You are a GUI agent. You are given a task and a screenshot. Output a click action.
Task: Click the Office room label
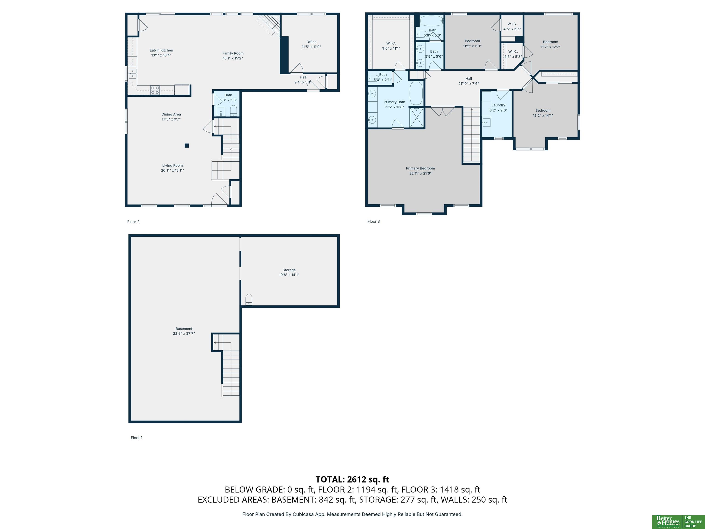coord(311,42)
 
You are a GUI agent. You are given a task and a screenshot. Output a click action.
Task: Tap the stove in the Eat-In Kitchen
coord(155,90)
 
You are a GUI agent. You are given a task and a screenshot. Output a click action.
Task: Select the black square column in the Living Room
coord(187,146)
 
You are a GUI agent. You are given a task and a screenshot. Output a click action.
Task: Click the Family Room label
coord(233,53)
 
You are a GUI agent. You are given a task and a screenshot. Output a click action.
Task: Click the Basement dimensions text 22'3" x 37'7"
coord(184,334)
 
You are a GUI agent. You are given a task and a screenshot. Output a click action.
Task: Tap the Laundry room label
coord(498,105)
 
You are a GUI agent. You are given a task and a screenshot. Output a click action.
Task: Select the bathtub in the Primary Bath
coord(416,93)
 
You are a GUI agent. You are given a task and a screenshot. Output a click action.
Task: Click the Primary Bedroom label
coord(420,168)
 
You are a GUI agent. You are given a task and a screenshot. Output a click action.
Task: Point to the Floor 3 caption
coord(374,221)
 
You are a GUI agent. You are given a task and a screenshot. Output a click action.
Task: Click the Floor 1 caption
coord(136,438)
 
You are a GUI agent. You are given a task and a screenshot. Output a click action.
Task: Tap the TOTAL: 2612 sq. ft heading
coord(352,480)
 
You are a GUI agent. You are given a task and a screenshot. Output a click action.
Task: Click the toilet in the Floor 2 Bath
coord(234,111)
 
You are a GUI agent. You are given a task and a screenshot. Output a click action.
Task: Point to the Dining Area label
coord(171,114)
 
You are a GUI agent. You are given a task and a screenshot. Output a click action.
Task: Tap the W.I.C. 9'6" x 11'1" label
coord(391,46)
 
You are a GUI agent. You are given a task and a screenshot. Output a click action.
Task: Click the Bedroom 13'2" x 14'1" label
coord(543,113)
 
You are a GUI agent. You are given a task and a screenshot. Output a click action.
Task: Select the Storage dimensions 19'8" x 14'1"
coord(289,275)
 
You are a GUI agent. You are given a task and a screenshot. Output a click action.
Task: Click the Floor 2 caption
coord(133,222)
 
